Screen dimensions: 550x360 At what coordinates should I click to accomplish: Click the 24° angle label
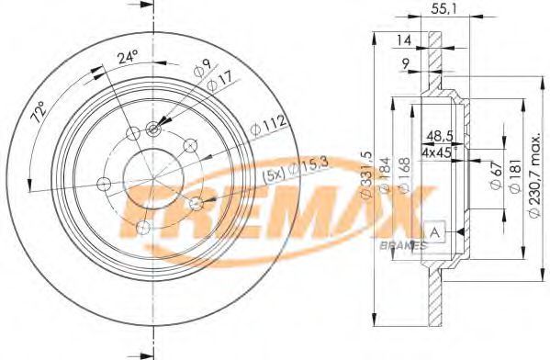click(128, 57)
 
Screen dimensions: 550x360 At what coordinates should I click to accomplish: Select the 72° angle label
click(39, 112)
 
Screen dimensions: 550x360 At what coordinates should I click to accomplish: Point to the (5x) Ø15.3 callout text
click(296, 170)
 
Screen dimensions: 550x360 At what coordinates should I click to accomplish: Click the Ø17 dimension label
click(220, 82)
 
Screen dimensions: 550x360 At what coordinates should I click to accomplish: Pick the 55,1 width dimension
click(443, 10)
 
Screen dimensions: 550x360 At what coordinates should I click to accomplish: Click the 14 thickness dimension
click(403, 40)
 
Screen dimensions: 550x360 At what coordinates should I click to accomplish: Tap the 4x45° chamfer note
click(438, 152)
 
